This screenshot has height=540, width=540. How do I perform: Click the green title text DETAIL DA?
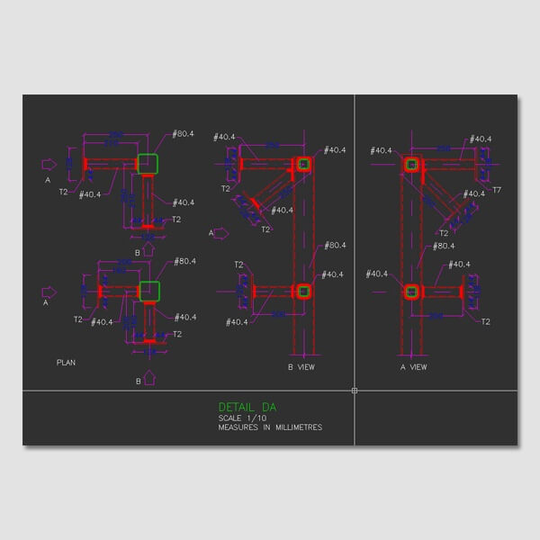[247, 407]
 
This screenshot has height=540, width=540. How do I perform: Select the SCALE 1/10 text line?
[243, 418]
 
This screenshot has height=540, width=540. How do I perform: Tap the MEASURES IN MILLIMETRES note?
[270, 427]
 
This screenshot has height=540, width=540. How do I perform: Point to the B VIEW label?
[301, 367]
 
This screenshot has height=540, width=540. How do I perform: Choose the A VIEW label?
[414, 367]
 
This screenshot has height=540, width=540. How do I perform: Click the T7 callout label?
[497, 190]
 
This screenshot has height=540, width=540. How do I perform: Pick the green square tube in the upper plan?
[148, 164]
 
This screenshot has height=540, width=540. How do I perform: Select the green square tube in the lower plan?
[149, 292]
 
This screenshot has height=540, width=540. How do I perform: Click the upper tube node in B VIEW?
[303, 164]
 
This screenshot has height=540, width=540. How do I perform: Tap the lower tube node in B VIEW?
[303, 291]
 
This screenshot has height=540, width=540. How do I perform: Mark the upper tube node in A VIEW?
[412, 165]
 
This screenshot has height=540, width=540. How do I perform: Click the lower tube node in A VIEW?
[412, 291]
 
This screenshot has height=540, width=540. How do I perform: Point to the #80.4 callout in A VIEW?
[443, 246]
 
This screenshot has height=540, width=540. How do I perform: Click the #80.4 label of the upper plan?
[184, 134]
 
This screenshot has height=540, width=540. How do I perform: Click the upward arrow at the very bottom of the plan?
[149, 380]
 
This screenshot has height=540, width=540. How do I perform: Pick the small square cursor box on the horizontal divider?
[355, 391]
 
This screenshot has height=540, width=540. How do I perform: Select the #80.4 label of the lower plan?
[184, 261]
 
